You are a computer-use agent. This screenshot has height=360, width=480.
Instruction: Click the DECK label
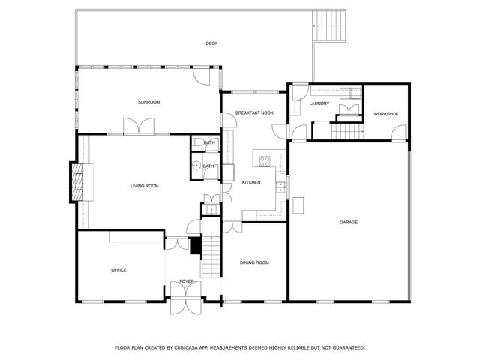click(212, 43)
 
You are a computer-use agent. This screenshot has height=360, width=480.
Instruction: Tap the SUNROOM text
click(148, 102)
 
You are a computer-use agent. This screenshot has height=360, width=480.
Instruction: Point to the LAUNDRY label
click(319, 103)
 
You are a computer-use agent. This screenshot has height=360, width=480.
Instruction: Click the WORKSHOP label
click(385, 114)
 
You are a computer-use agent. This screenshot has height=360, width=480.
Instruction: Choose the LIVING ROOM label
click(145, 186)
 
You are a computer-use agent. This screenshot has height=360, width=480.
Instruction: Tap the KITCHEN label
click(250, 182)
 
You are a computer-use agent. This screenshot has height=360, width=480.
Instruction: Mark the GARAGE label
click(348, 222)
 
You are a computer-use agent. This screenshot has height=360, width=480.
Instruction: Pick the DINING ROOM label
click(254, 262)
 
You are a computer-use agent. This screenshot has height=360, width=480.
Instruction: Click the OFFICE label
click(118, 270)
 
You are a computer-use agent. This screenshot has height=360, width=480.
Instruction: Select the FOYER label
click(187, 281)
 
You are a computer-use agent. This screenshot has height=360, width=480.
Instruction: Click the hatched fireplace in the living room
click(77, 182)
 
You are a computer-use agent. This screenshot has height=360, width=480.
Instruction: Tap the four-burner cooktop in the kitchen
click(264, 159)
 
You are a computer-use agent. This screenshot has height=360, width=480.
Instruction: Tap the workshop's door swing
click(395, 134)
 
